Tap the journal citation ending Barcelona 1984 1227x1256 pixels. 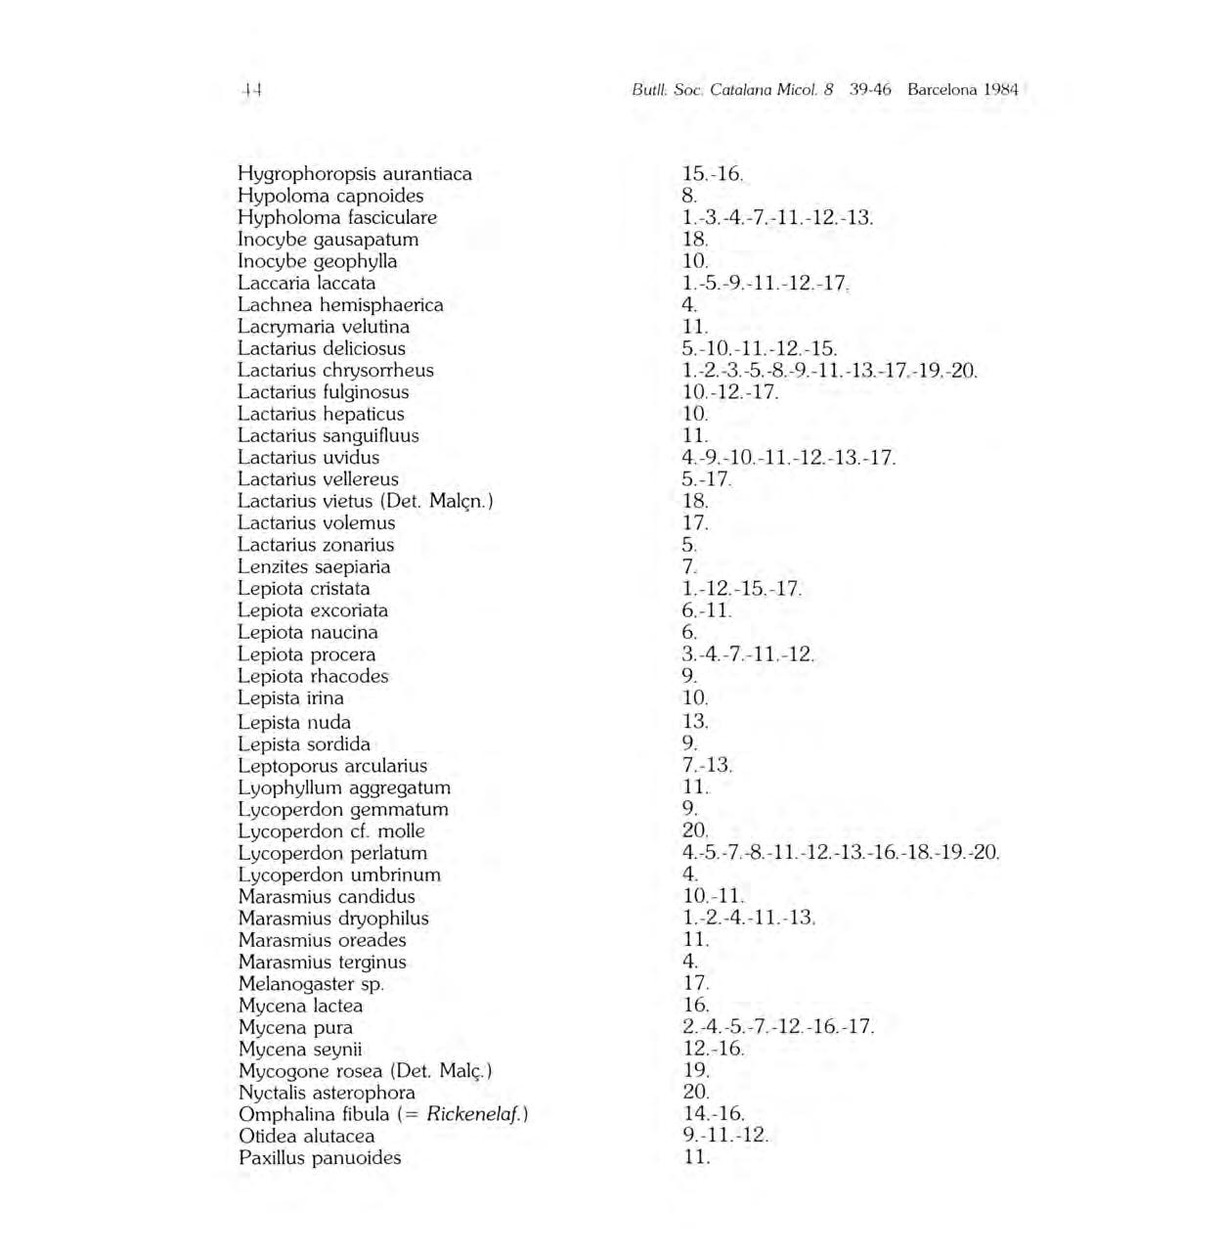[x=824, y=90]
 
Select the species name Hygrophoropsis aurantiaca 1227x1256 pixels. [x=355, y=174]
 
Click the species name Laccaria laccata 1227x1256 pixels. [x=307, y=284]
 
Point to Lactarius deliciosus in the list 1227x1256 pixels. [x=322, y=349]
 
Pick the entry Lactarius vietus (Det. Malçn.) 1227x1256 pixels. [x=366, y=502]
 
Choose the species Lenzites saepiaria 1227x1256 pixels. [x=314, y=567]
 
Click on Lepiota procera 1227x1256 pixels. [x=307, y=654]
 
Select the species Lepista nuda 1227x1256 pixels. [x=294, y=723]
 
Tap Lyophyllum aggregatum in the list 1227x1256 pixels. [x=344, y=788]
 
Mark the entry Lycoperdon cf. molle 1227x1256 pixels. [x=331, y=831]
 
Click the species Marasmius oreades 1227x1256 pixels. [x=323, y=941]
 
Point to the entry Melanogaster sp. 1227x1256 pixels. [x=311, y=984]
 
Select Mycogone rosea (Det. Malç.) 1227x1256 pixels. [x=365, y=1071]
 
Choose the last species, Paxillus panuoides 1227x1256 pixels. [x=320, y=1158]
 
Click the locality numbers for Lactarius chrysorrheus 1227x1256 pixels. [x=829, y=371]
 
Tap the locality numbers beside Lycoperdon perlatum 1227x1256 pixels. [x=841, y=853]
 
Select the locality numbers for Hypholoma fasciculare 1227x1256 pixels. [x=777, y=218]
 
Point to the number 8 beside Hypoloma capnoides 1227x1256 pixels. [x=689, y=196]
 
